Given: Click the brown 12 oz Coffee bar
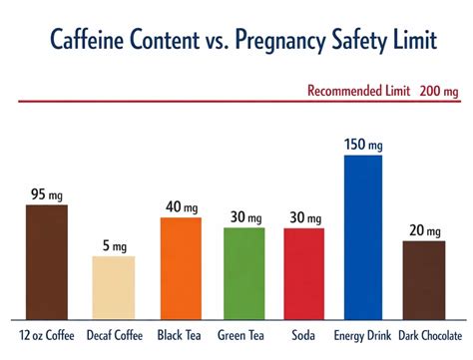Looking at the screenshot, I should (x=46, y=260).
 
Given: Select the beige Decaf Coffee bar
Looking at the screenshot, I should (x=113, y=286).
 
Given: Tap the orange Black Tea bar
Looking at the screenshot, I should (x=181, y=266).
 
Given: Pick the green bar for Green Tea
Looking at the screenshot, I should (x=244, y=272).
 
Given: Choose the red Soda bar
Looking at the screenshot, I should (x=304, y=272).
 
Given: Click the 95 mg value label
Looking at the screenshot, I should (x=46, y=193).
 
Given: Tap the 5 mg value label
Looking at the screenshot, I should (x=113, y=245).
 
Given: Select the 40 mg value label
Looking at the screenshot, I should (x=181, y=207).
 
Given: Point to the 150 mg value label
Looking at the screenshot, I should (x=363, y=144).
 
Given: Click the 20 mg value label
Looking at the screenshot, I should (x=424, y=230).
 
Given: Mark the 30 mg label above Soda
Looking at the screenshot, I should (x=304, y=217).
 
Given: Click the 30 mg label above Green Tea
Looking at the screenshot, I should (x=244, y=217).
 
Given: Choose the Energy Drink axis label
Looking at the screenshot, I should (x=363, y=335).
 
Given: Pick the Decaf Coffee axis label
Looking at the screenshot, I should (x=113, y=335).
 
